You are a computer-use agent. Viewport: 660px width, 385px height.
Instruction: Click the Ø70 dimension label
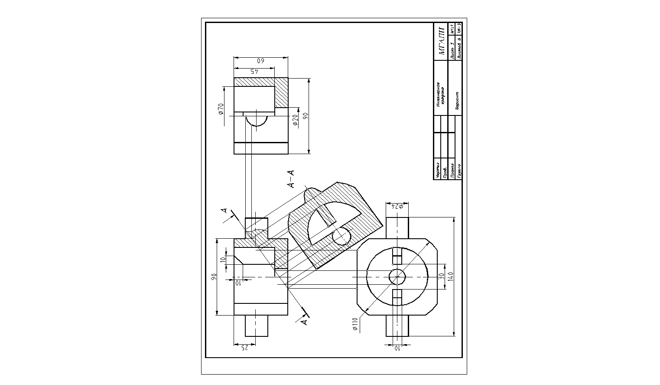click(221, 109)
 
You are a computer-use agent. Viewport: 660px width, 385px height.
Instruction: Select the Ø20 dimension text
click(296, 120)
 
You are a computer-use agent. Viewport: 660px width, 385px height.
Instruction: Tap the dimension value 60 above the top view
click(261, 61)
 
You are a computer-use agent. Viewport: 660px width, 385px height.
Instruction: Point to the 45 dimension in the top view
click(254, 71)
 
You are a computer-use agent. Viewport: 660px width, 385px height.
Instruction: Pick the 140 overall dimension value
click(450, 276)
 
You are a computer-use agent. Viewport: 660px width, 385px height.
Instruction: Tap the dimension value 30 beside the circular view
click(441, 276)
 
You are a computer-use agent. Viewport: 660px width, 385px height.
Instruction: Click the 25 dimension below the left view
click(244, 347)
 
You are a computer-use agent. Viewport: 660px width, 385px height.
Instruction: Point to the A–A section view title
click(291, 179)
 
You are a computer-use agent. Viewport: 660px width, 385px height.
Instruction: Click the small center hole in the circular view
click(397, 276)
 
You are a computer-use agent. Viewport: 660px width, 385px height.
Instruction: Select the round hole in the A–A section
click(341, 237)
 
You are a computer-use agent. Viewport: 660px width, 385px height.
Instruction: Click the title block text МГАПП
click(442, 42)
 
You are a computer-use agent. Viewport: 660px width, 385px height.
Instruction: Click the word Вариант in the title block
click(457, 100)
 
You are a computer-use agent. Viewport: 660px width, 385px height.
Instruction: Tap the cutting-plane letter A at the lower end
click(304, 322)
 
